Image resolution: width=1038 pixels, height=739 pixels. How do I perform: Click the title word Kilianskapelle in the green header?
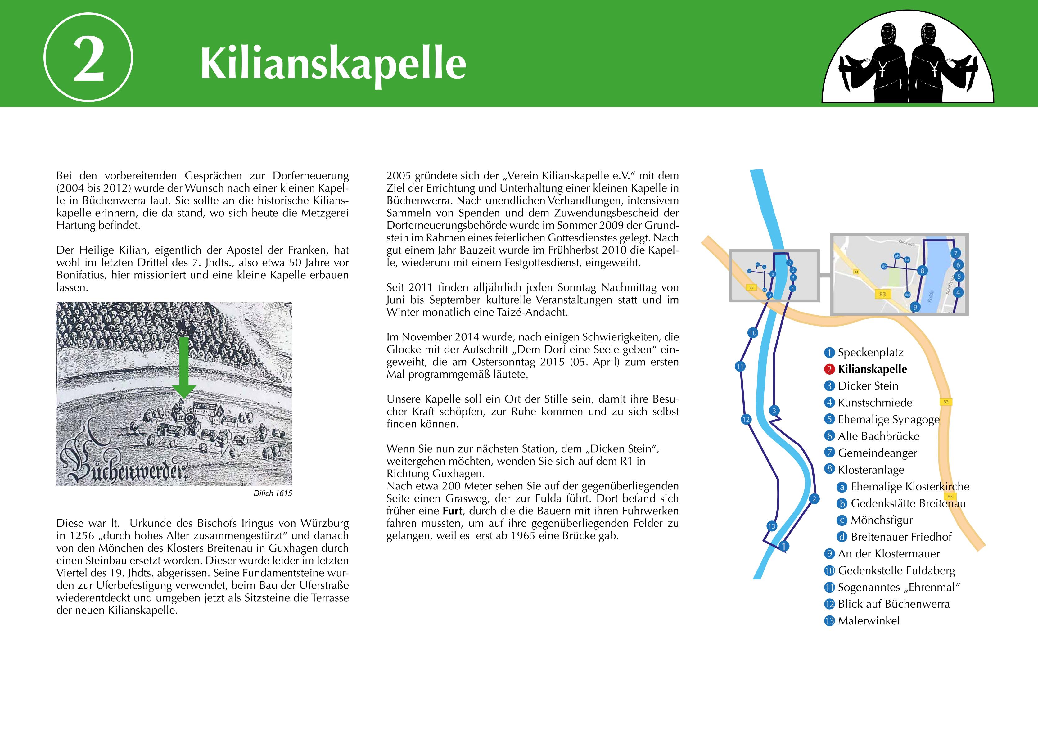point(333,63)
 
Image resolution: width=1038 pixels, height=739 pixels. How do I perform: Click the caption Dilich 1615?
point(273,493)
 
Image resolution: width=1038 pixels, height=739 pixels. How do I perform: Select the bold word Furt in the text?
point(452,511)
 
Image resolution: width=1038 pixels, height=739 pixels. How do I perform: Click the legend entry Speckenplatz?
point(870,353)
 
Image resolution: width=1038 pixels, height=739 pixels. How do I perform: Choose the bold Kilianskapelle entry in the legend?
point(872,369)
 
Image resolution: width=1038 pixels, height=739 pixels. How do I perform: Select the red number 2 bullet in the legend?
point(830,369)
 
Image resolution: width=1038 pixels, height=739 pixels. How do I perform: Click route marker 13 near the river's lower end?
point(771,526)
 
